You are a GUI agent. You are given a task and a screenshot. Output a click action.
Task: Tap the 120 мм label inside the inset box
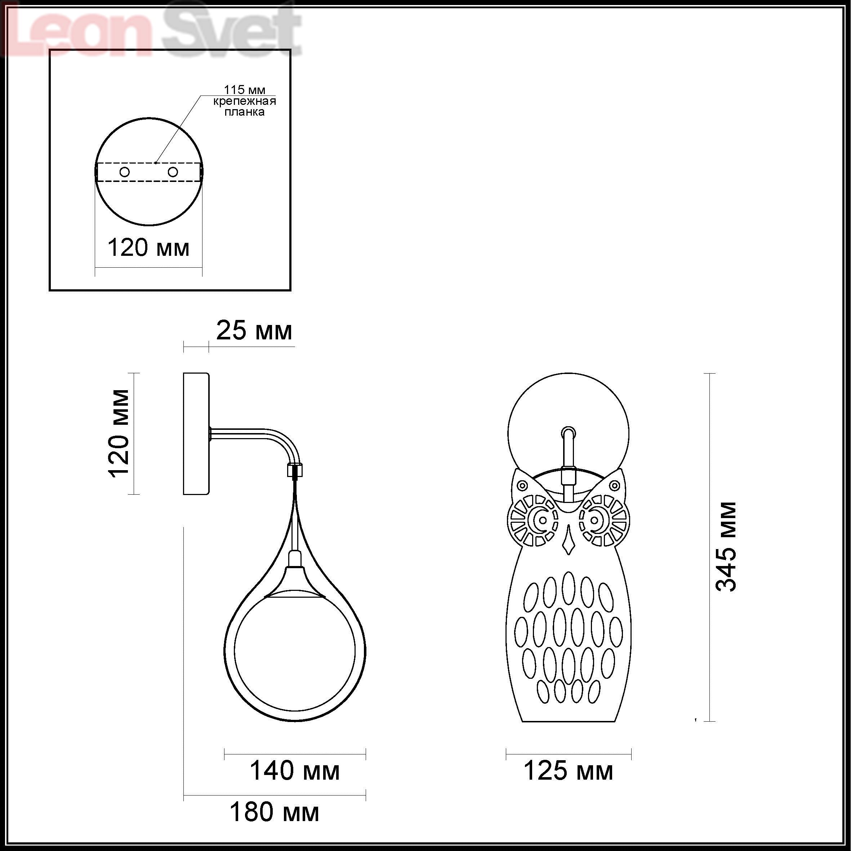pyautogui.click(x=148, y=248)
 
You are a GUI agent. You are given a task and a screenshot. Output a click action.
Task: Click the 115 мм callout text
pyautogui.click(x=245, y=90)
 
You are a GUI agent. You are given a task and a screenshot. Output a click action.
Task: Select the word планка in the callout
pyautogui.click(x=245, y=112)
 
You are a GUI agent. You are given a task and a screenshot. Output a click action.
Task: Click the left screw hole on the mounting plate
pyautogui.click(x=125, y=172)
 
